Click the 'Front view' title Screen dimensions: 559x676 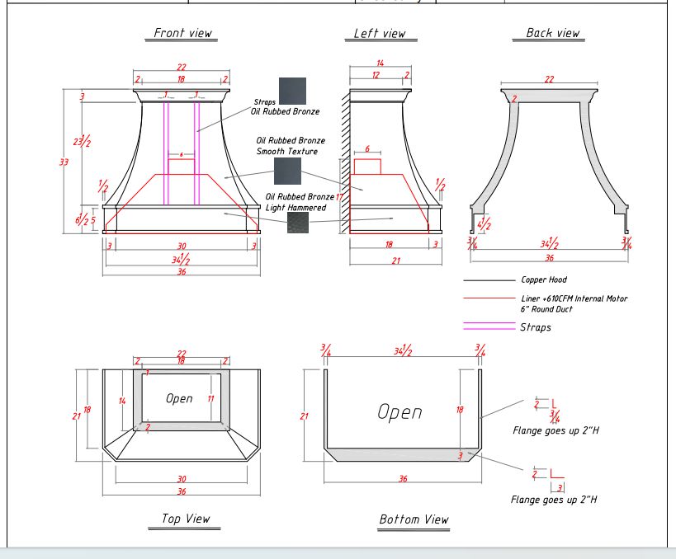pos(182,33)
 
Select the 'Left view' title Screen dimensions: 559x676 pos(380,33)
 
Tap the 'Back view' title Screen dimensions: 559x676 pos(552,33)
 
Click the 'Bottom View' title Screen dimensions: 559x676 pos(414,519)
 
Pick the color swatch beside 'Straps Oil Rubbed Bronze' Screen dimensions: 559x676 pos(292,91)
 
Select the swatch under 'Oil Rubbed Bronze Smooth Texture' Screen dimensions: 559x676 pos(288,171)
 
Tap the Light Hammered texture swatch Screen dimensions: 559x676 pos(298,221)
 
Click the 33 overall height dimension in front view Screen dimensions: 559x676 pos(64,162)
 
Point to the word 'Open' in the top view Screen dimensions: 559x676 pos(179,398)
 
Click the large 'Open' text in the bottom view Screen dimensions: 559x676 pos(399,411)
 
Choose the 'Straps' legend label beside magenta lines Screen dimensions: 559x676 pos(535,327)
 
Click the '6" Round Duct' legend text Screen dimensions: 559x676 pos(547,308)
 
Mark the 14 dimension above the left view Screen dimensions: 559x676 pos(381,63)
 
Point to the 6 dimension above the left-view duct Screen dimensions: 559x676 pos(367,150)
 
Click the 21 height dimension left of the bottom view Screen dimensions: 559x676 pos(304,416)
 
